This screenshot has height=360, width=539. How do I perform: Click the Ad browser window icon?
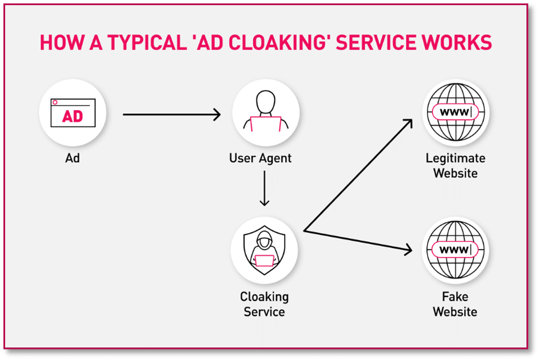(73, 114)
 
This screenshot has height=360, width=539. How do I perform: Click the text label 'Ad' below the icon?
(73, 158)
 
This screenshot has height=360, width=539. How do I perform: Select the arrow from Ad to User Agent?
(171, 115)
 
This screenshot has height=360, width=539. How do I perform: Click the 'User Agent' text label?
(264, 158)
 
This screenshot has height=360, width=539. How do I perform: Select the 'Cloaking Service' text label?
(264, 305)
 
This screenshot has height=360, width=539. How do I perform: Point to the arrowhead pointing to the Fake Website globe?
(407, 250)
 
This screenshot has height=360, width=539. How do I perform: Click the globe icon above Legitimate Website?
(455, 113)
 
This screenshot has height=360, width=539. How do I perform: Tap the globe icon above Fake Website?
(455, 250)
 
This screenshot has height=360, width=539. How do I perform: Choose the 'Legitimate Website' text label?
(455, 165)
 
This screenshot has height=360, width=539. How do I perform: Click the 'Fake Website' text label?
(455, 305)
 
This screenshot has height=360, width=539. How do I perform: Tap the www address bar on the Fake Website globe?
(455, 250)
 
